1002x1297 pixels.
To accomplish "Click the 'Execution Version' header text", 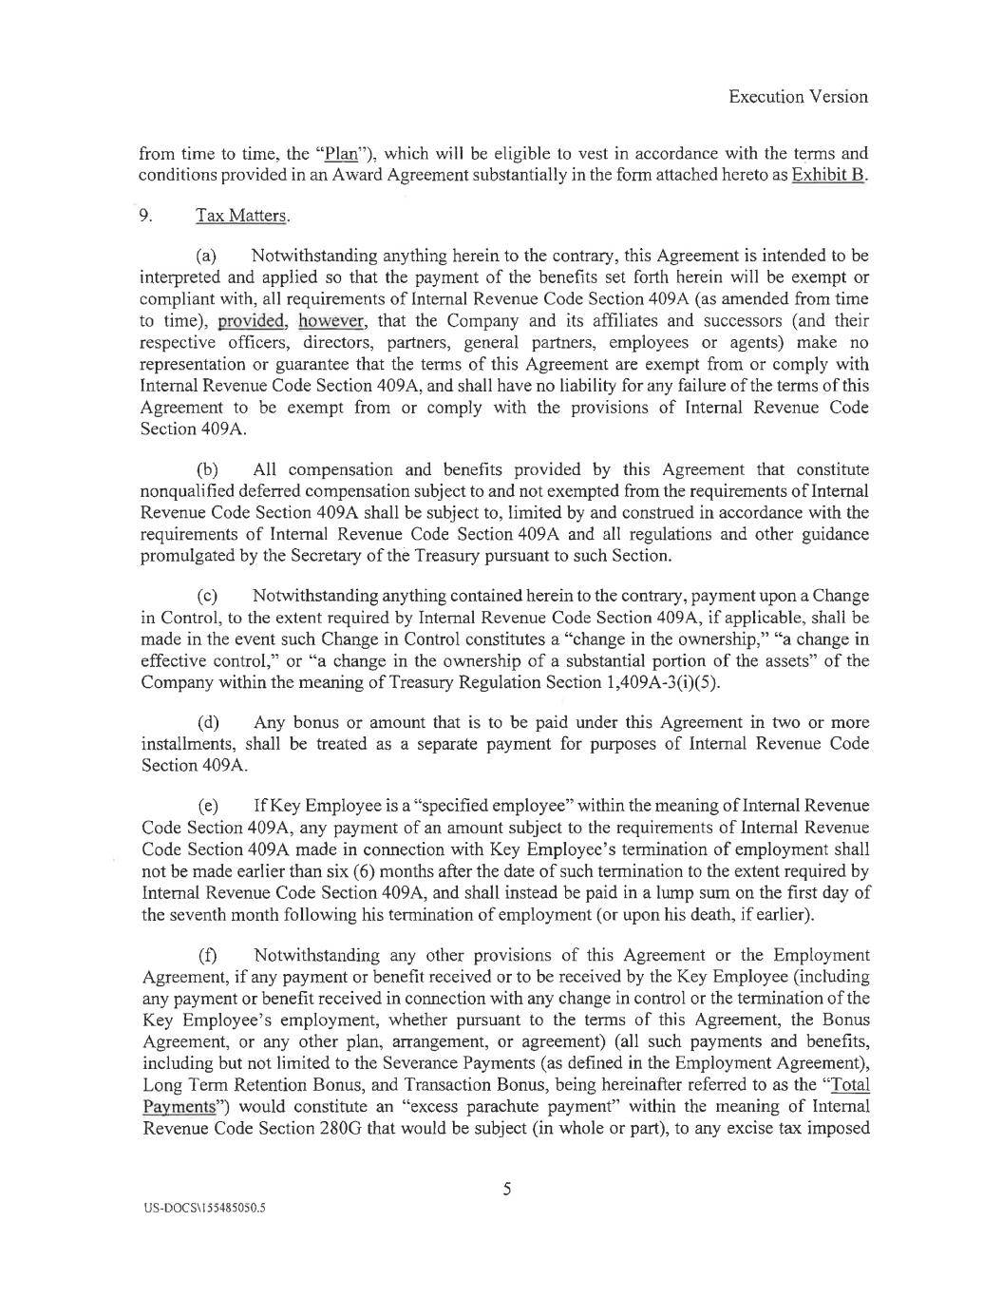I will (798, 96).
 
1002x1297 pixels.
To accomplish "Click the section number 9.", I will (146, 216).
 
